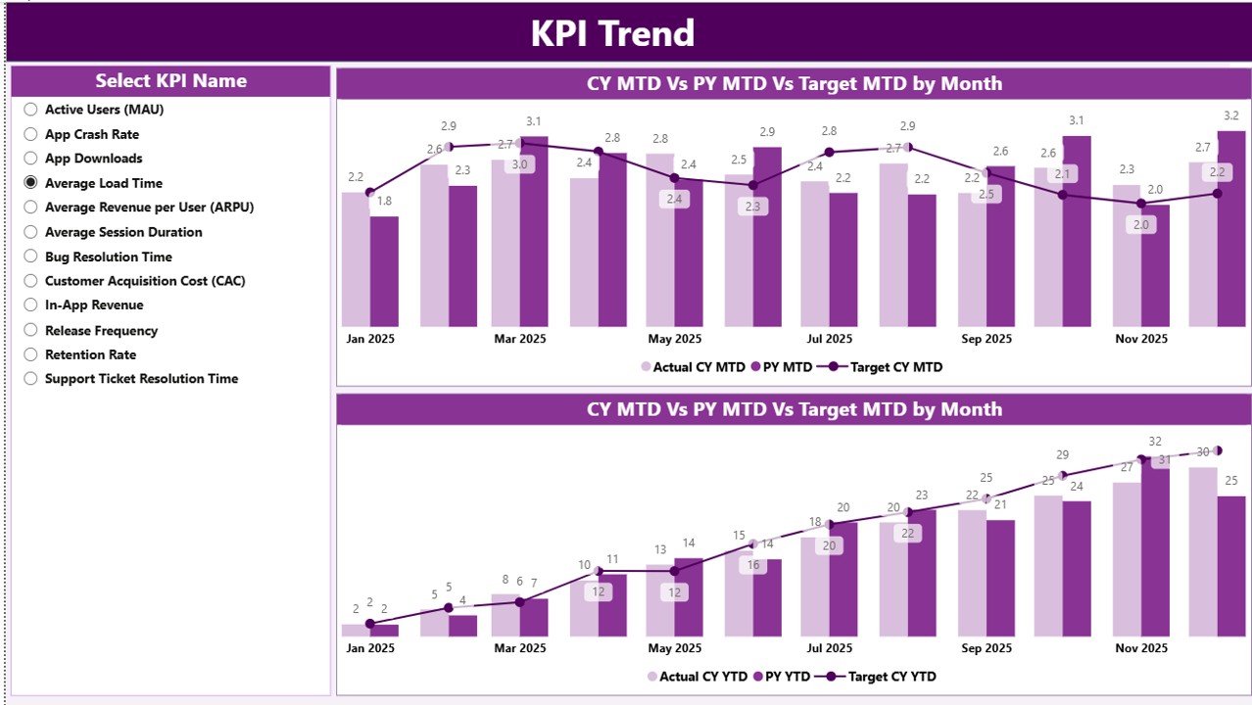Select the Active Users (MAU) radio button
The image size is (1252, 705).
point(30,110)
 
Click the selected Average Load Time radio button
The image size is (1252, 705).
point(30,183)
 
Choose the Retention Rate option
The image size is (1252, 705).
point(30,354)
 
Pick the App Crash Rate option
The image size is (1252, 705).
point(30,134)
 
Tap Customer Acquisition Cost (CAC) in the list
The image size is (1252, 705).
point(30,281)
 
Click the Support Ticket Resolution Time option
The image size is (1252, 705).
point(30,379)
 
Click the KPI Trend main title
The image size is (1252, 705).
point(612,33)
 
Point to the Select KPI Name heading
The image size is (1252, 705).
point(170,81)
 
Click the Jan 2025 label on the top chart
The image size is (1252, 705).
point(369,339)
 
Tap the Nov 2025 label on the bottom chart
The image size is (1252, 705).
point(1141,648)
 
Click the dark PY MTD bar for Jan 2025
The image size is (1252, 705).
point(384,271)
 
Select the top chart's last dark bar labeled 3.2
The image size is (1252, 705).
point(1230,229)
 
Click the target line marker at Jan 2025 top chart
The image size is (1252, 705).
point(369,192)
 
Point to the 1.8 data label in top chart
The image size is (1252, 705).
point(384,201)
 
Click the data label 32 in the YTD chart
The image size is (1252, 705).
point(1155,442)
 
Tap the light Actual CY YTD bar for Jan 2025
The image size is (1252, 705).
point(356,631)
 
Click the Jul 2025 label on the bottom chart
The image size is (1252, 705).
point(829,648)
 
